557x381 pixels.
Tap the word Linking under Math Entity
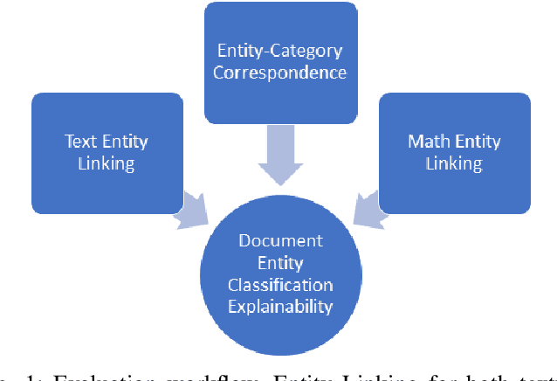(x=455, y=163)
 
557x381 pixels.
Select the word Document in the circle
(x=279, y=240)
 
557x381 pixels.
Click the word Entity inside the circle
(x=279, y=262)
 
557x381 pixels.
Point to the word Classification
(x=279, y=284)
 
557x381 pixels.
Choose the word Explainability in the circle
(x=279, y=306)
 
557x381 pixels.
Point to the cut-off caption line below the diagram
(x=279, y=376)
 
